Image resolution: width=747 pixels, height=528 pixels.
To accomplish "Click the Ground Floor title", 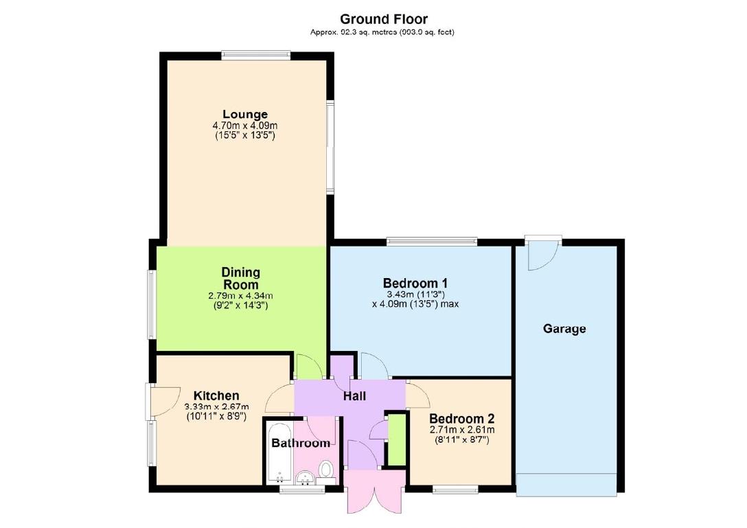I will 384,19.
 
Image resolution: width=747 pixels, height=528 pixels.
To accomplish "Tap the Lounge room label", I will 244,114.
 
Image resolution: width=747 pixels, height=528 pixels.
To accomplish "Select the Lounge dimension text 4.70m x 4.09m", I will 244,126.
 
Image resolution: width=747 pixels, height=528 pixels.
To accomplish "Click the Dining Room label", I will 240,278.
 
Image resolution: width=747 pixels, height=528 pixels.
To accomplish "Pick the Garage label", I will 564,329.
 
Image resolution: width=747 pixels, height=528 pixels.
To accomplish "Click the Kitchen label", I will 216,395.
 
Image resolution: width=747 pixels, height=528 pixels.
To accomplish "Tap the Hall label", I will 354,396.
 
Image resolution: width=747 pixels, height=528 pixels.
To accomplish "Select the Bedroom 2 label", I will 461,419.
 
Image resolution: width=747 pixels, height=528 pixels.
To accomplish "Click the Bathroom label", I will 301,444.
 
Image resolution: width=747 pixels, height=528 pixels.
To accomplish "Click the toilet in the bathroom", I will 327,470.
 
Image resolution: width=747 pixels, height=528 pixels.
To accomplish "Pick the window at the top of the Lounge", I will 255,54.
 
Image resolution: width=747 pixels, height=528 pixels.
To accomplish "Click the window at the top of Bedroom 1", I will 431,241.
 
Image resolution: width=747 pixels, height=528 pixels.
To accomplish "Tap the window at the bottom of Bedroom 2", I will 456,489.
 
